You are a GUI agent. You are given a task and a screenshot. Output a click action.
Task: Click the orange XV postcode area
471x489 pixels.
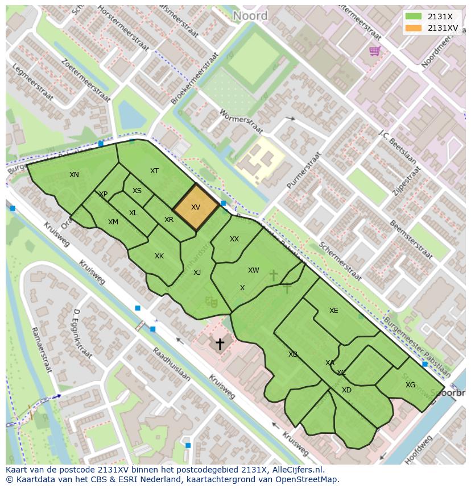pyautogui.click(x=196, y=207)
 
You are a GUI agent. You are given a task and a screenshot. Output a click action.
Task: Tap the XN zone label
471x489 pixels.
pyautogui.click(x=74, y=175)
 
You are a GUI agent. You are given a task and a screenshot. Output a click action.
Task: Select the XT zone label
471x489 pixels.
pyautogui.click(x=154, y=171)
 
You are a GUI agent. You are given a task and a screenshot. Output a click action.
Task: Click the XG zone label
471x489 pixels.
pyautogui.click(x=410, y=385)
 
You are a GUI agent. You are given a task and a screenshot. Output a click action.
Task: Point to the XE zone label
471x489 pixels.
pyautogui.click(x=333, y=311)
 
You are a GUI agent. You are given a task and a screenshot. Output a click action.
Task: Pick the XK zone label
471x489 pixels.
pyautogui.click(x=159, y=256)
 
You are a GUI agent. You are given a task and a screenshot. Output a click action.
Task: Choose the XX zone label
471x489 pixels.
pyautogui.click(x=234, y=239)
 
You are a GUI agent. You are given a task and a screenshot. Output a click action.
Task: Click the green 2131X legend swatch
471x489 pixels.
pyautogui.click(x=414, y=16)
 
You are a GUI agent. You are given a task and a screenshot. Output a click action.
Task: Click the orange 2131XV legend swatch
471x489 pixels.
pyautogui.click(x=414, y=28)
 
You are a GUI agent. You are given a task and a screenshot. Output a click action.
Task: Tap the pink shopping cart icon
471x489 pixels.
pyautogui.click(x=374, y=52)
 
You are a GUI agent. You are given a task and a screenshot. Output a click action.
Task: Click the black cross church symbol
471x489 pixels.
pyautogui.click(x=219, y=344)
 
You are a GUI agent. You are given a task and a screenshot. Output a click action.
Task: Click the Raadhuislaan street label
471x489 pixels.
pyautogui.click(x=171, y=363)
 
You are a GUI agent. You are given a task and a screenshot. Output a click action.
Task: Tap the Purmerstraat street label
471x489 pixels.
pyautogui.click(x=304, y=170)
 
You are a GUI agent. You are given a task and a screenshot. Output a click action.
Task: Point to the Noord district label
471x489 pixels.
pyautogui.click(x=250, y=16)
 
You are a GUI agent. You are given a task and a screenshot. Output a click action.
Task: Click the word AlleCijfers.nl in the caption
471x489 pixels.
pyautogui.click(x=296, y=470)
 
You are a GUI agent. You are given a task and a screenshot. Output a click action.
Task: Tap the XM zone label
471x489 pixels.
pyautogui.click(x=113, y=222)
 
